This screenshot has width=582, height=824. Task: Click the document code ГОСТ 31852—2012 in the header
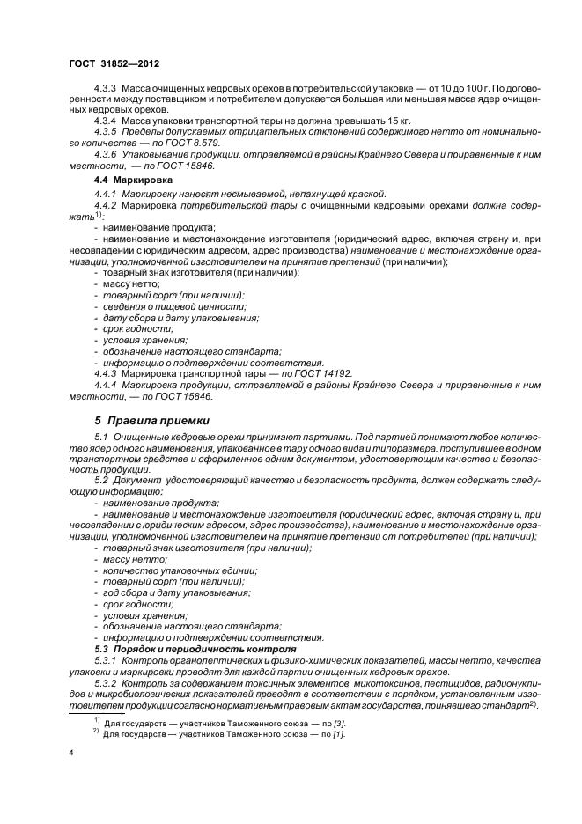point(114,64)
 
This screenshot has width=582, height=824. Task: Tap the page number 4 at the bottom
point(71,754)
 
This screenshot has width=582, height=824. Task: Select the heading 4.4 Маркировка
point(130,179)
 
